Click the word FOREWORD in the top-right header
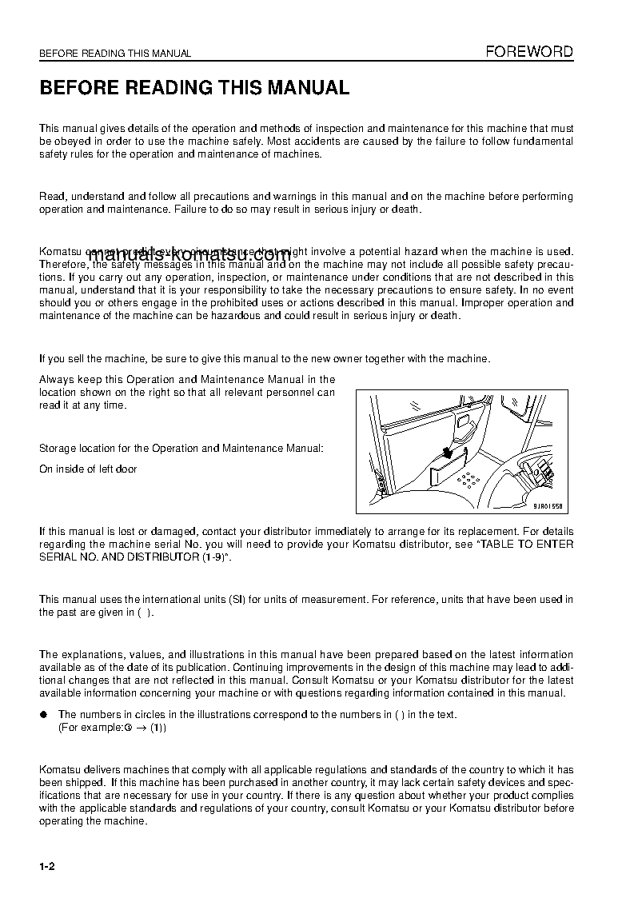tap(530, 52)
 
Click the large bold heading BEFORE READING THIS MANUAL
tap(194, 88)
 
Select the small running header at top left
tap(115, 54)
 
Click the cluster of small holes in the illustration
tap(469, 480)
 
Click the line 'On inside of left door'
tap(88, 469)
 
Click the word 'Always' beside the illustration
tap(54, 380)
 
